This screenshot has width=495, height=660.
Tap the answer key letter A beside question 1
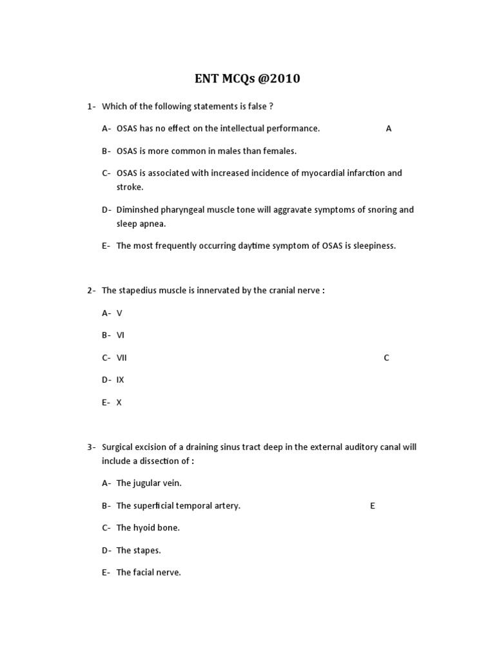[389, 128]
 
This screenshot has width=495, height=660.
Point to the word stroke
[130, 187]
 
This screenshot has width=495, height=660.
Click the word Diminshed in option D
[137, 209]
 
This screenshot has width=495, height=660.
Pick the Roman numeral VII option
[122, 358]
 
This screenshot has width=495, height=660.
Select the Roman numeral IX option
[121, 380]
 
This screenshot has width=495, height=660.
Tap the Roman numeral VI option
[121, 335]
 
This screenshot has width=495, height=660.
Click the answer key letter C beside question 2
[387, 358]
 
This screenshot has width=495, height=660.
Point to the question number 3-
[92, 447]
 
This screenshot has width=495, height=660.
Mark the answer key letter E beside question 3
[373, 505]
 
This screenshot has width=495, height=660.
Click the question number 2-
[92, 290]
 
